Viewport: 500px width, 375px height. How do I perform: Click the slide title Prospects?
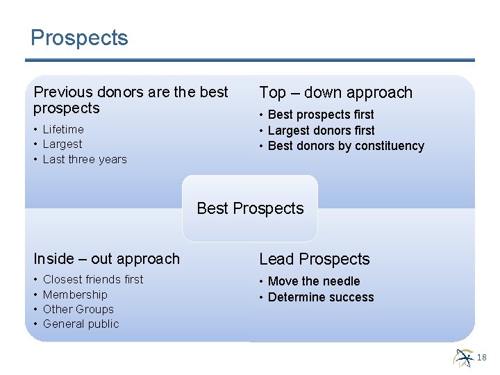click(x=79, y=37)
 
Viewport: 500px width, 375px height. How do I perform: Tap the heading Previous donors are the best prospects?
click(x=131, y=100)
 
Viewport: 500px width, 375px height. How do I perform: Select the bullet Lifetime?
click(x=63, y=129)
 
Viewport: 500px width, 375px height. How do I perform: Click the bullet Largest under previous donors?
click(x=62, y=144)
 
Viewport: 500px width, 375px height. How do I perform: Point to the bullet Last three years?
click(x=85, y=159)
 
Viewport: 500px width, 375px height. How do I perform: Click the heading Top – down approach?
click(x=335, y=92)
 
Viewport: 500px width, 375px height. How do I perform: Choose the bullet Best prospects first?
click(x=321, y=115)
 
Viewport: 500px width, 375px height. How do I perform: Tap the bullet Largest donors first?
click(x=321, y=131)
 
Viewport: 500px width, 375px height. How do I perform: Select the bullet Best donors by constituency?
click(x=346, y=146)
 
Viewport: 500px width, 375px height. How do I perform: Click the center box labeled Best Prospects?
click(x=250, y=208)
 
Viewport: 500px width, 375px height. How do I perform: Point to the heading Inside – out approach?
click(x=106, y=259)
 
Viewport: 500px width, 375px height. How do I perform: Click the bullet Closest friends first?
click(x=93, y=279)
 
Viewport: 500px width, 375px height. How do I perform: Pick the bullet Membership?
click(x=75, y=294)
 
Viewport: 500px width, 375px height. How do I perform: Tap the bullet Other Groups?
click(x=78, y=309)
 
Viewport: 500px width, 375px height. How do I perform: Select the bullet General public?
click(x=81, y=324)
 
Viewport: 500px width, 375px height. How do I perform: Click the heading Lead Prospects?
click(x=315, y=259)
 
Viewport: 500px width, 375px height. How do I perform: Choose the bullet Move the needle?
click(x=314, y=281)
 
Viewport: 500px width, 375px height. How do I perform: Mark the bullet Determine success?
click(x=321, y=297)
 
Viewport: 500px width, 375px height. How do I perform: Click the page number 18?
click(x=482, y=357)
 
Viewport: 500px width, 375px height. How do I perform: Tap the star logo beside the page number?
click(x=463, y=357)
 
